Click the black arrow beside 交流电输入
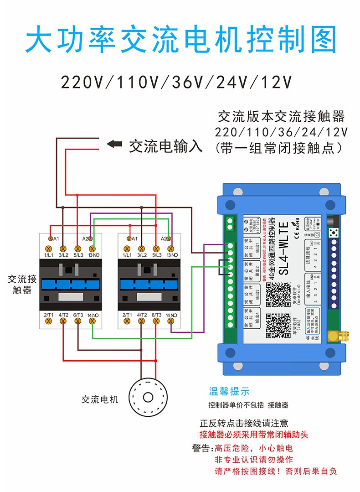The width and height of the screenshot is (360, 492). (x=114, y=145)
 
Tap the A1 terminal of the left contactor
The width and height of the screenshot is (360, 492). (x=51, y=238)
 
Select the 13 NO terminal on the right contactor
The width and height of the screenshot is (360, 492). (x=171, y=249)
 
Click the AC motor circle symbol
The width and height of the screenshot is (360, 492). (x=148, y=396)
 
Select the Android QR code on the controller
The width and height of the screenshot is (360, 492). (x=278, y=294)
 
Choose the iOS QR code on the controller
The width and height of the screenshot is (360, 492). (x=278, y=326)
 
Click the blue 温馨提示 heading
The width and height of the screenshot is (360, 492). (x=229, y=391)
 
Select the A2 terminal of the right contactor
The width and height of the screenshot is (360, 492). (x=168, y=238)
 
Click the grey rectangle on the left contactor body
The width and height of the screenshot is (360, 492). (x=70, y=297)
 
